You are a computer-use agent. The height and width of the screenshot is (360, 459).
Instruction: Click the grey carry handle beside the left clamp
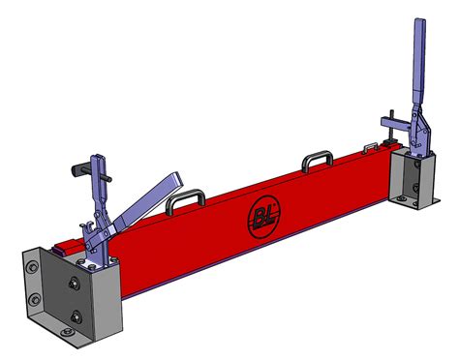click(x=183, y=201)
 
